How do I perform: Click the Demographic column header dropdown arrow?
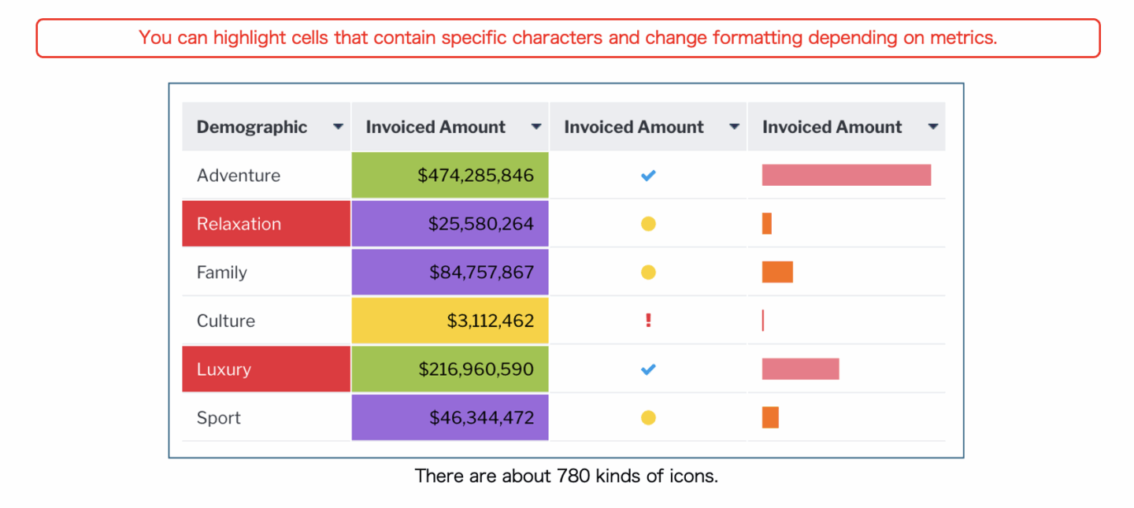coord(338,127)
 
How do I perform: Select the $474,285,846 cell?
coord(450,175)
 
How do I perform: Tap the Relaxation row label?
coord(239,224)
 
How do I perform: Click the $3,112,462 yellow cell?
coord(450,321)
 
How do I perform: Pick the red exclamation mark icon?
coord(648,321)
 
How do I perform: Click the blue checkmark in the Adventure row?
coord(648,176)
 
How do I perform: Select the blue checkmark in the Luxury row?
coord(648,369)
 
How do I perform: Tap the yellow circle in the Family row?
coord(648,273)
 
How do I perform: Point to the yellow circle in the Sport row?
coord(648,417)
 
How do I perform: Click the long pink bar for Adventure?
coord(846,175)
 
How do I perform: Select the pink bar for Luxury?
coord(800,369)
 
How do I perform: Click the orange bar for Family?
coord(777,272)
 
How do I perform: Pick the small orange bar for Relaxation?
coord(767,224)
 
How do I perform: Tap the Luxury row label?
coord(224,369)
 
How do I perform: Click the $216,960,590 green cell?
coord(450,369)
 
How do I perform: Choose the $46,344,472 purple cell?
coord(450,417)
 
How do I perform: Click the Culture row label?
coord(226,321)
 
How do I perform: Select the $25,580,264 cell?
coord(450,224)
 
